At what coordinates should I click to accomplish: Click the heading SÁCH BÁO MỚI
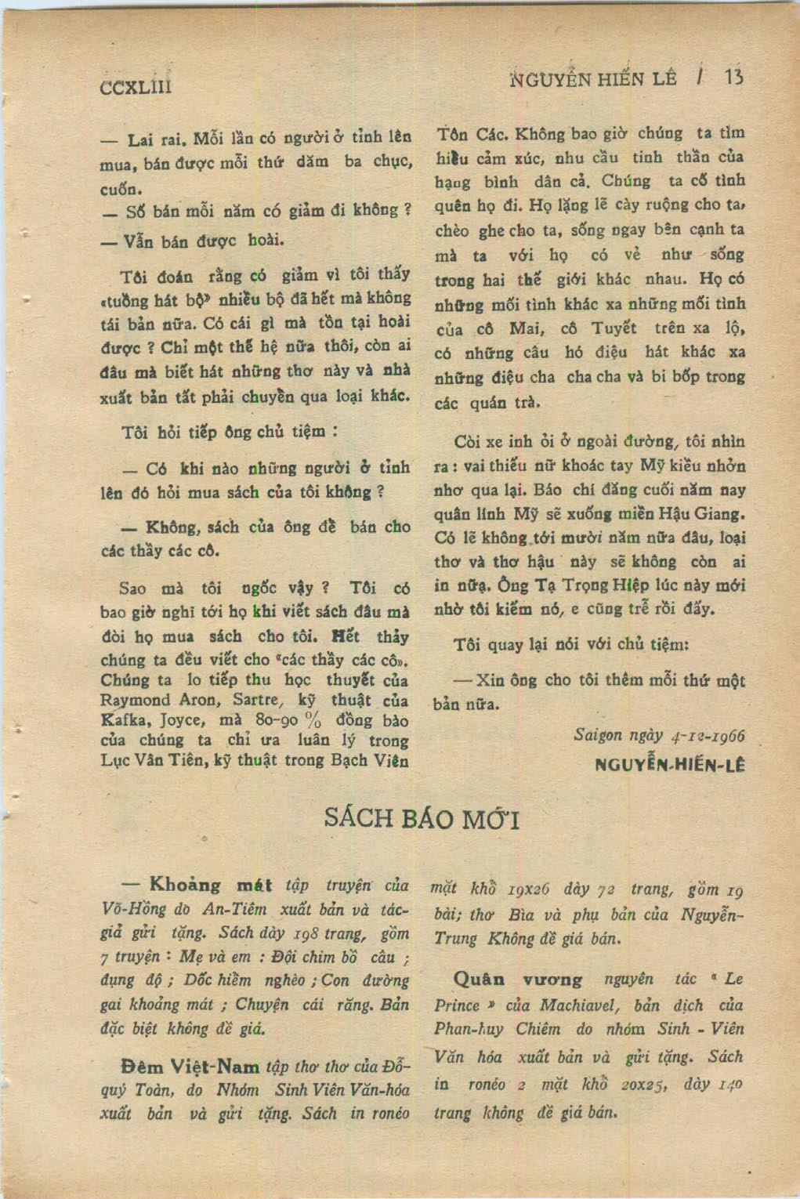[422, 819]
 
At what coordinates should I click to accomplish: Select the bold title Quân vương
[518, 980]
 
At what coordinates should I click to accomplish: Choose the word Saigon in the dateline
[598, 735]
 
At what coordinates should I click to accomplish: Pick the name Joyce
[182, 721]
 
